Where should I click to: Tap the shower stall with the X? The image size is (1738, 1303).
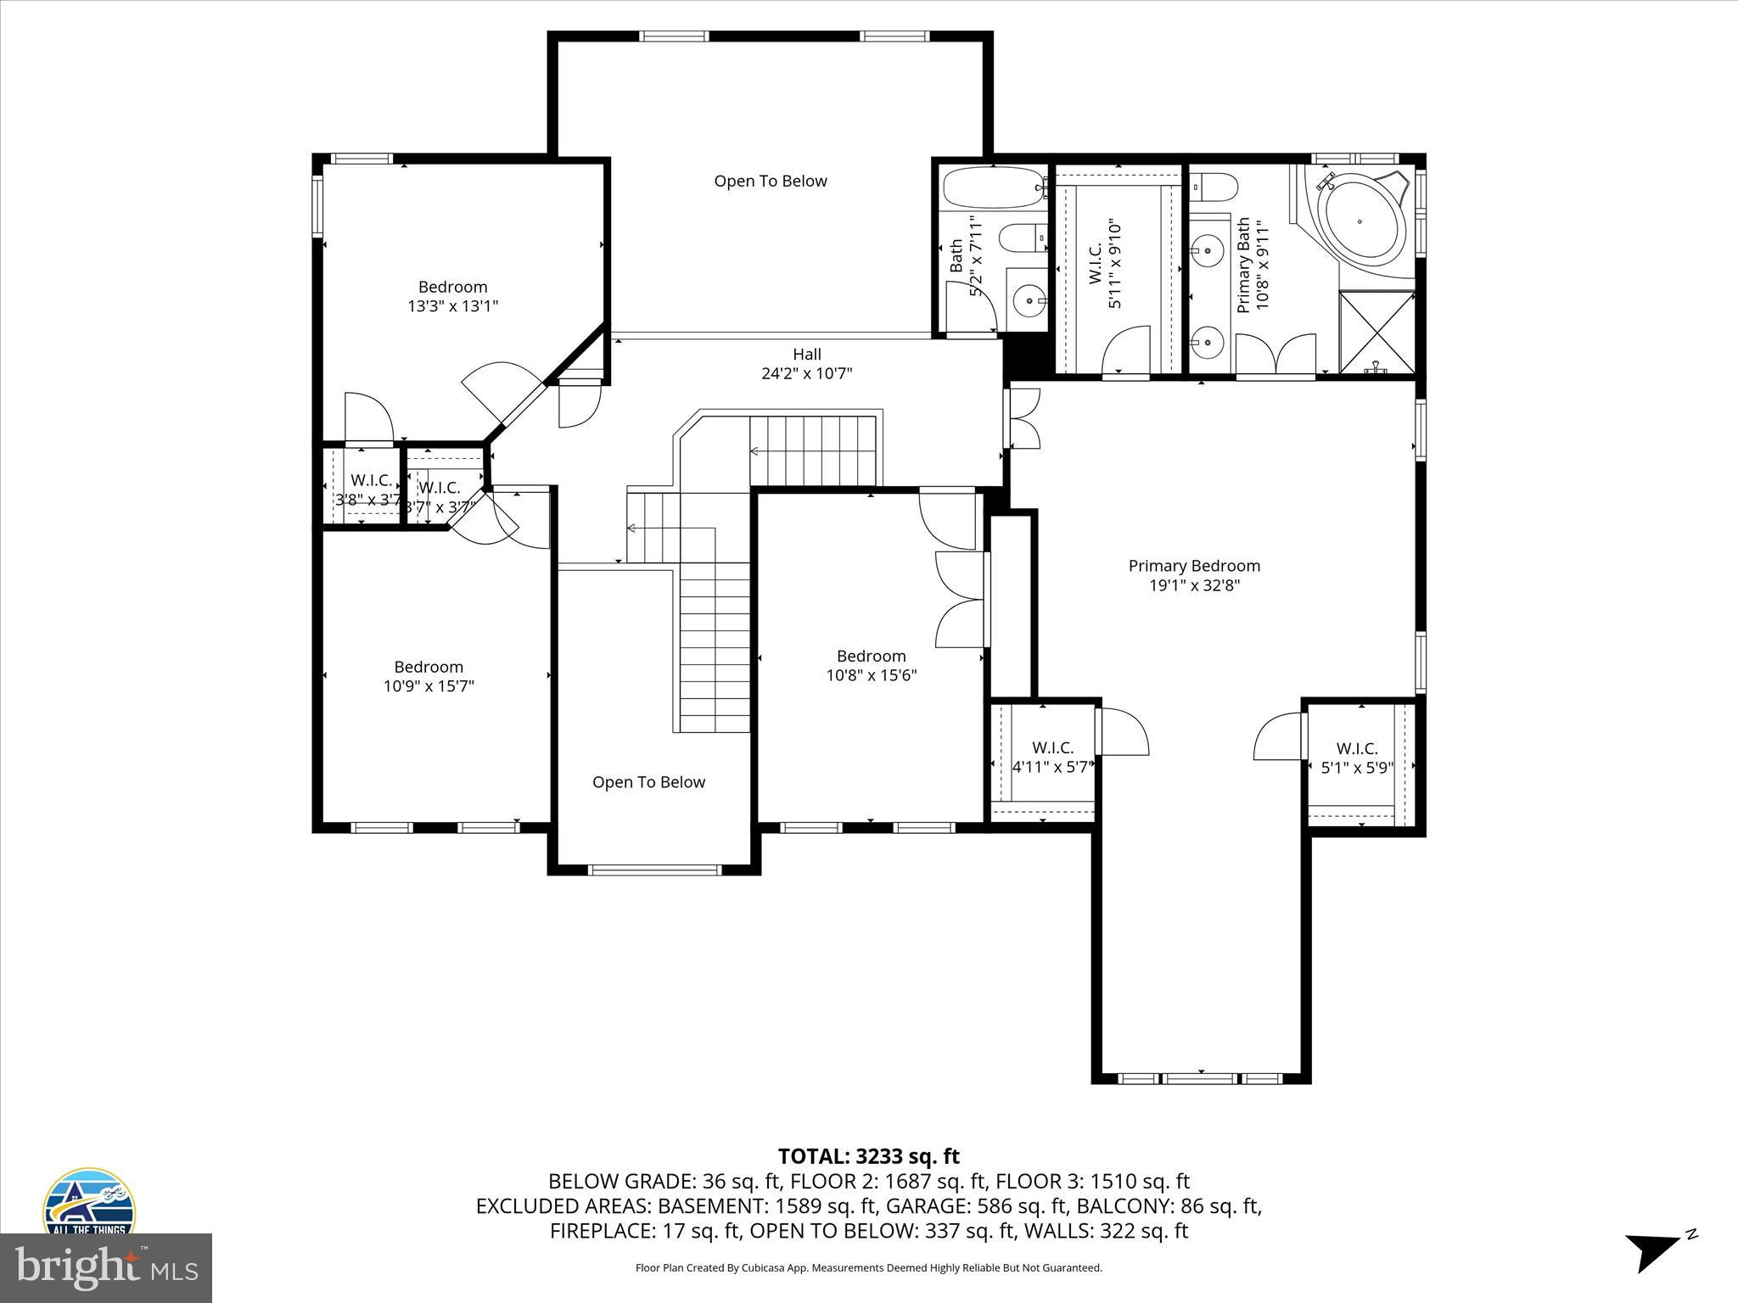click(x=1376, y=333)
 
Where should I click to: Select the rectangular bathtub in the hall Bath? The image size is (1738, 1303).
click(x=991, y=187)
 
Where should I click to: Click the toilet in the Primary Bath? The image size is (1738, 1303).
click(x=1213, y=186)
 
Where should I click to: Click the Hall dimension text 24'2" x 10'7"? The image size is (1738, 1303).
click(x=806, y=373)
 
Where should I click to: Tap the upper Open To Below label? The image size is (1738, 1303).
click(x=770, y=181)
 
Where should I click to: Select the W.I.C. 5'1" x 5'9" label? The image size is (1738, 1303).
click(x=1357, y=758)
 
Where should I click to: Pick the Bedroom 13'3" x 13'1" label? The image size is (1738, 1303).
click(x=452, y=296)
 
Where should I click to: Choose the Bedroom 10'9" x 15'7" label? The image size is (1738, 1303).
click(x=429, y=676)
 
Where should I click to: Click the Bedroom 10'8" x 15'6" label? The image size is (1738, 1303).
click(x=871, y=665)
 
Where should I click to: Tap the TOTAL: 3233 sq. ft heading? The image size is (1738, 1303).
click(x=868, y=1156)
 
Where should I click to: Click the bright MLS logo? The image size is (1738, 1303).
click(x=106, y=1267)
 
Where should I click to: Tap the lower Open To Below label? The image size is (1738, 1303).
click(x=648, y=782)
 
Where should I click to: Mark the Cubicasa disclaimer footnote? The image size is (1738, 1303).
click(x=868, y=1268)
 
